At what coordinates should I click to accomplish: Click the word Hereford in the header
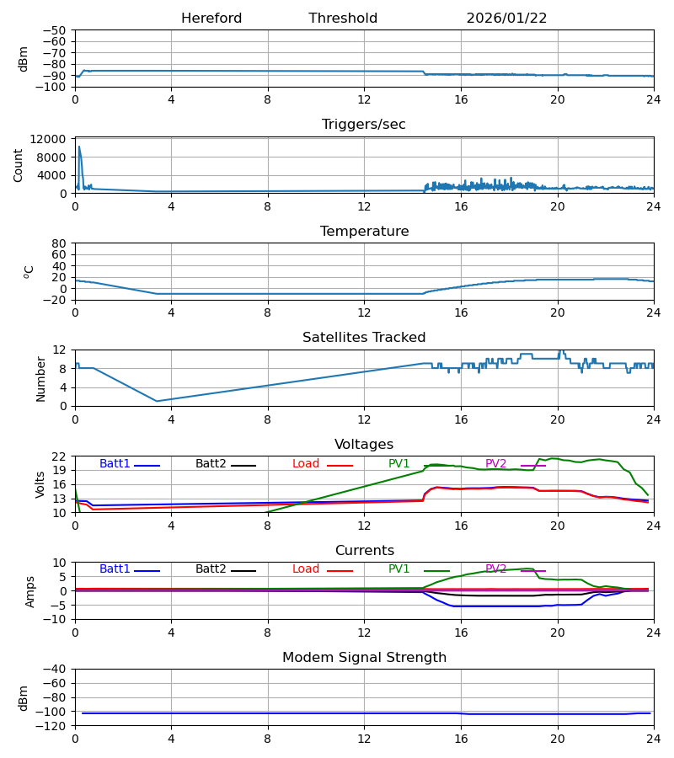pos(211,19)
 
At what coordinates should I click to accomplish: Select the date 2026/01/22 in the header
pos(506,19)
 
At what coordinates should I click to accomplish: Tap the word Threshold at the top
pos(343,19)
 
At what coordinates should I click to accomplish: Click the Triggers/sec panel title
pos(364,125)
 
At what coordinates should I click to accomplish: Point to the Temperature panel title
pos(364,232)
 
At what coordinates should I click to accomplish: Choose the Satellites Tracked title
pos(364,338)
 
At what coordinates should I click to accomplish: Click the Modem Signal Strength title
pos(364,658)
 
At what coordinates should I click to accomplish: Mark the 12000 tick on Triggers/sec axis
pos(53,139)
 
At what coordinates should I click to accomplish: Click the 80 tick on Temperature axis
pos(60,243)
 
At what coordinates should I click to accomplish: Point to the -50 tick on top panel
pos(57,30)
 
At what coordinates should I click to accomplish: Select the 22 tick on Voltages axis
pos(60,456)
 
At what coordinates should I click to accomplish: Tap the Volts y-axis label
pos(40,484)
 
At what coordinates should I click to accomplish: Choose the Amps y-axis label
pos(31,591)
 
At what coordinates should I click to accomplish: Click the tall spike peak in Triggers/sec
pos(79,147)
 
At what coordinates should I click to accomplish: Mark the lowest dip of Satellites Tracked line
pos(157,401)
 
